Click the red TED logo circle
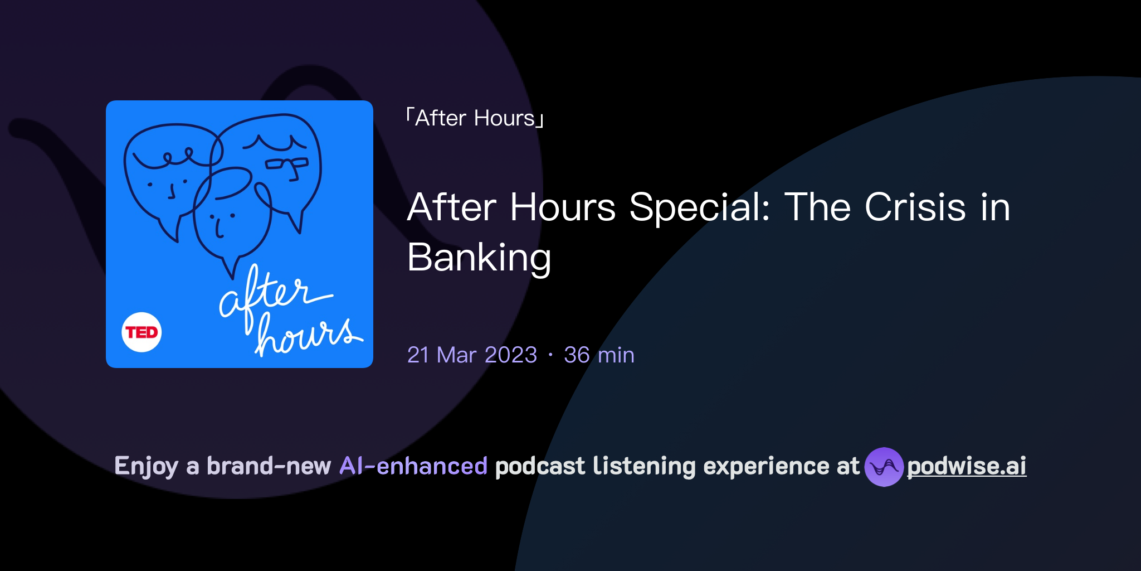(142, 332)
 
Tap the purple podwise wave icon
(884, 467)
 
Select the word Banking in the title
(479, 258)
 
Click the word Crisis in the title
(915, 207)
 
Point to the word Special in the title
(699, 207)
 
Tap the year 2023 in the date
(511, 355)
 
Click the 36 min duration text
(599, 355)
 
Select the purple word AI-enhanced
(413, 466)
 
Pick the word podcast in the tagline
(540, 466)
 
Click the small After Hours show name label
(475, 118)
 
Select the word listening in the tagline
(644, 466)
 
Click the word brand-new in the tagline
(269, 466)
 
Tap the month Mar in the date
(456, 355)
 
